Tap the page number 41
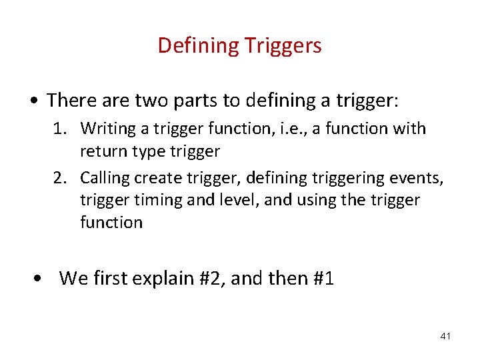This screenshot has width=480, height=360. [x=445, y=336]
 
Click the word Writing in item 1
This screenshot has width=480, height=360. [x=108, y=128]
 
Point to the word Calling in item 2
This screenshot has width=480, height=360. [x=105, y=178]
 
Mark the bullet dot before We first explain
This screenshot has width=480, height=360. [x=41, y=279]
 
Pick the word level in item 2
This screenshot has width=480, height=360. [x=233, y=200]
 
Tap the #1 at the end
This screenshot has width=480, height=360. [x=322, y=279]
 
